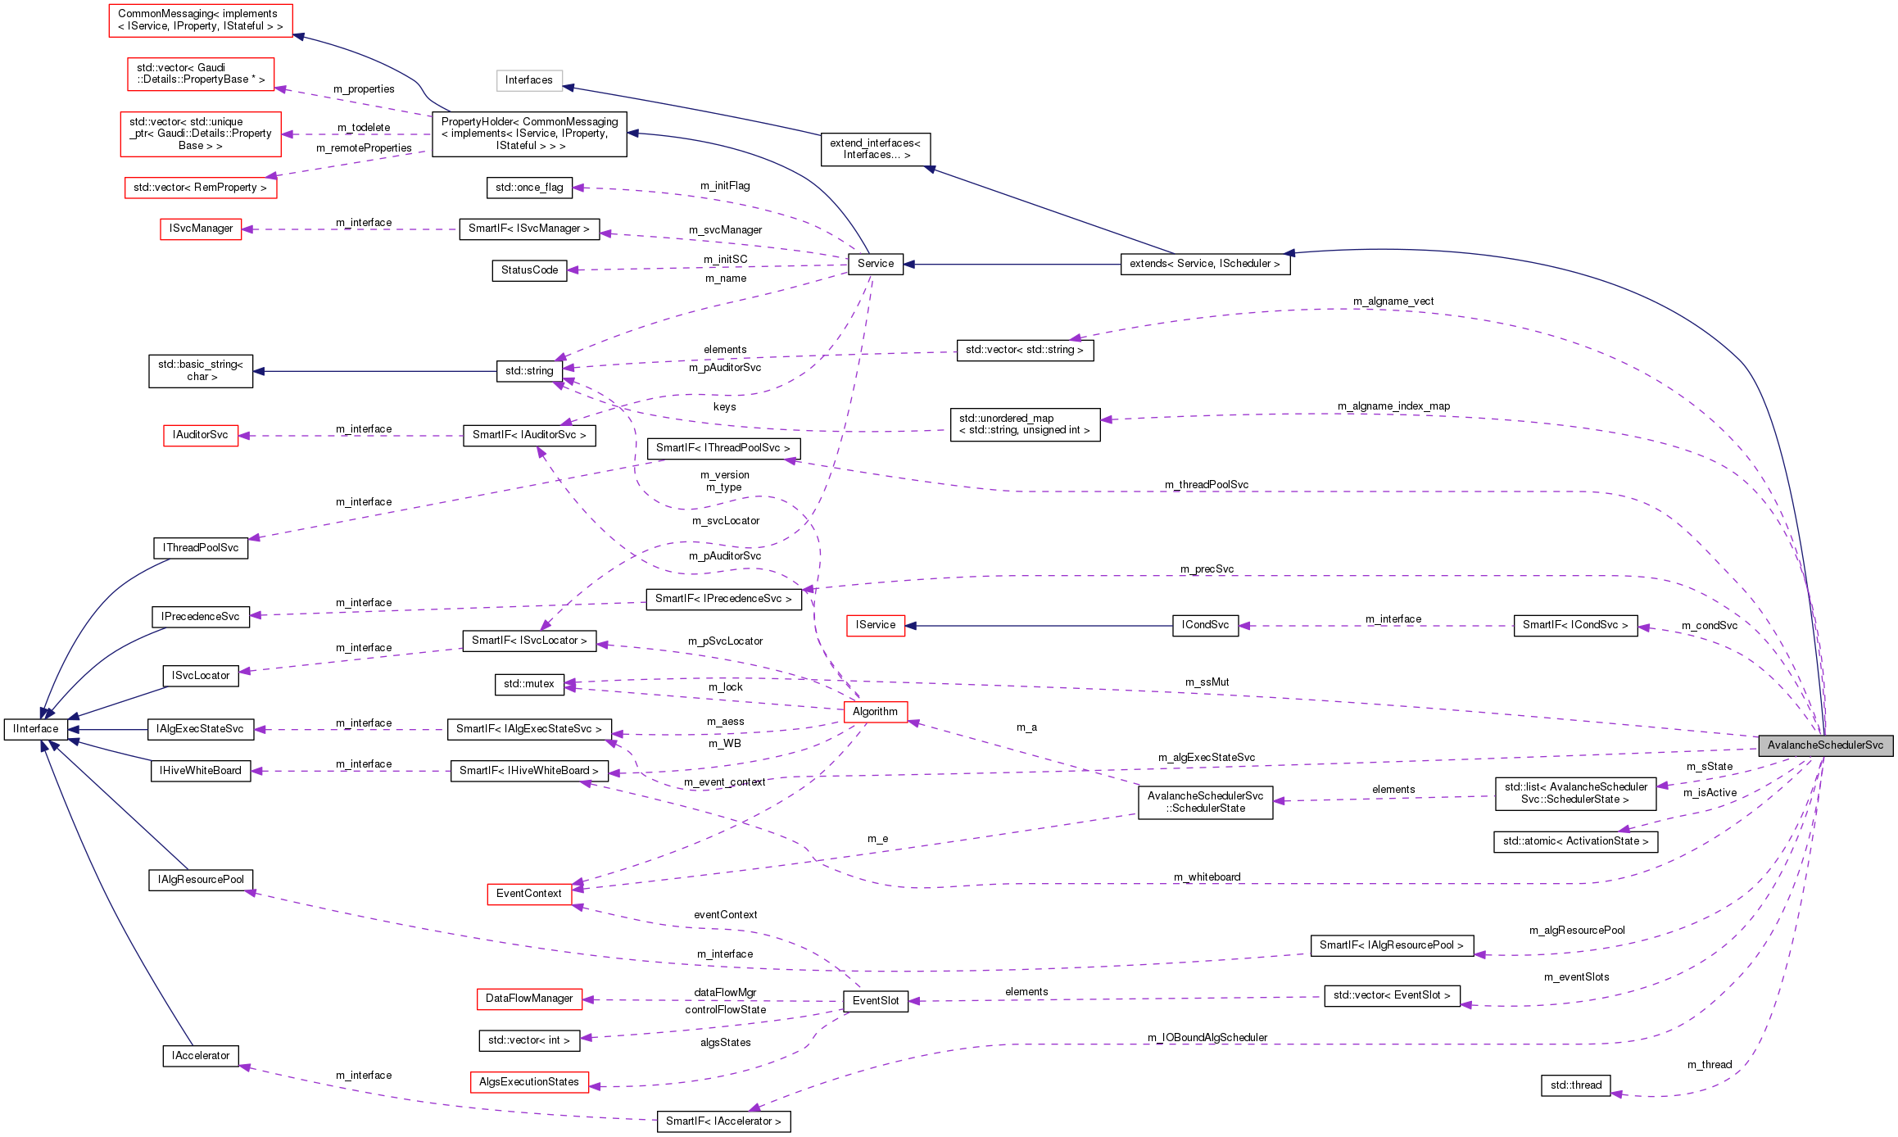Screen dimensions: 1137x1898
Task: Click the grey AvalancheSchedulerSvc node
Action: click(1825, 745)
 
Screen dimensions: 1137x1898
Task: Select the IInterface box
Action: click(36, 729)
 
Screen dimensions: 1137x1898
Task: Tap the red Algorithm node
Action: click(875, 712)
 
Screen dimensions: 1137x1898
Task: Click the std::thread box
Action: click(1575, 1085)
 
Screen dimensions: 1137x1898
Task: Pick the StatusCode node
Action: click(529, 270)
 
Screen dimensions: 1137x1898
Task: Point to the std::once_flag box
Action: click(529, 188)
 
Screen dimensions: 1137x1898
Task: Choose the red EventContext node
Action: click(528, 894)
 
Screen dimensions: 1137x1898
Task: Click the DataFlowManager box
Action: click(529, 999)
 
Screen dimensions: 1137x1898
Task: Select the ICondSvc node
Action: click(1205, 625)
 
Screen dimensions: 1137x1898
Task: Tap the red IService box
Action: click(876, 625)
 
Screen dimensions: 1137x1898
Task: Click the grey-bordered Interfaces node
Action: click(529, 80)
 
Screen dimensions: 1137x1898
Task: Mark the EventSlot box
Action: click(876, 1001)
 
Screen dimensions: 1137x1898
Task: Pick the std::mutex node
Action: click(529, 684)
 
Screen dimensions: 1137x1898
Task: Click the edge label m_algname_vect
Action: click(1393, 301)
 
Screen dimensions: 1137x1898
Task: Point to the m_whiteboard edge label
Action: click(1207, 877)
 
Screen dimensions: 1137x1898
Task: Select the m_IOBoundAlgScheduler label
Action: click(1207, 1038)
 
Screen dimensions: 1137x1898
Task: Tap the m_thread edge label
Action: click(1710, 1065)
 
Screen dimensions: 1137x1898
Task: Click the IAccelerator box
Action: click(201, 1056)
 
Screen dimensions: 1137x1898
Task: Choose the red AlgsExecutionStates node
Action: click(529, 1082)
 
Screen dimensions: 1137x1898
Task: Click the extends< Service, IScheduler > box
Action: click(1205, 264)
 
